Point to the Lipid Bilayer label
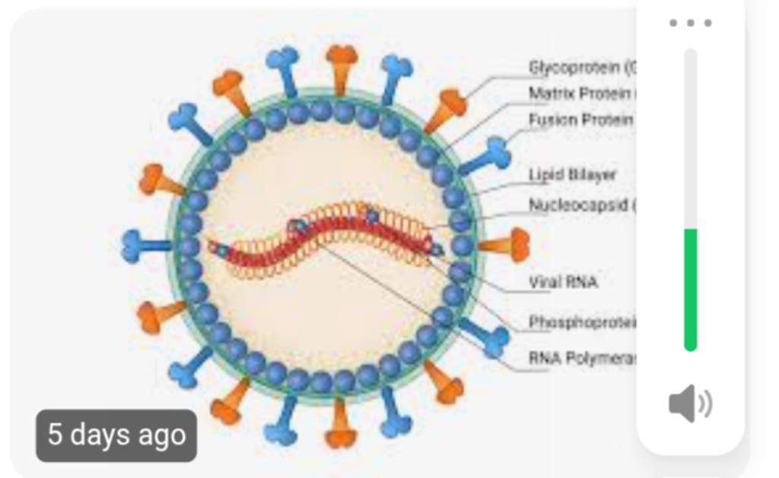click(x=572, y=175)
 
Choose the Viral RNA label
click(x=563, y=283)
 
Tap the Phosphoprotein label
click(x=582, y=322)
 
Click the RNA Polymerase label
click(x=582, y=357)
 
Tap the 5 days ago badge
click(x=116, y=435)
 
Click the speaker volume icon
click(x=689, y=404)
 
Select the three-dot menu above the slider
click(x=690, y=23)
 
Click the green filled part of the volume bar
click(x=690, y=289)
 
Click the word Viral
click(x=545, y=283)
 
